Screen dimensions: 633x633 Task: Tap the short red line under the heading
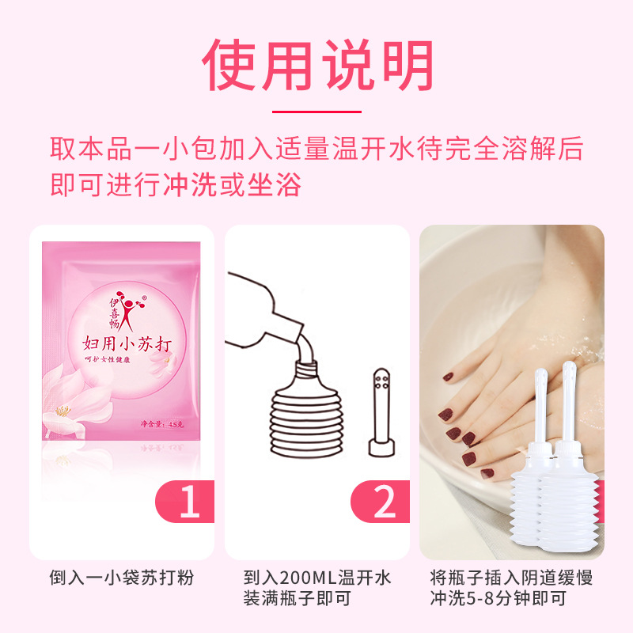[316, 112]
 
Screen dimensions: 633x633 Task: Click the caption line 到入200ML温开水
[316, 578]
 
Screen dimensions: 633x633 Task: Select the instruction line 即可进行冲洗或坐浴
[176, 185]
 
